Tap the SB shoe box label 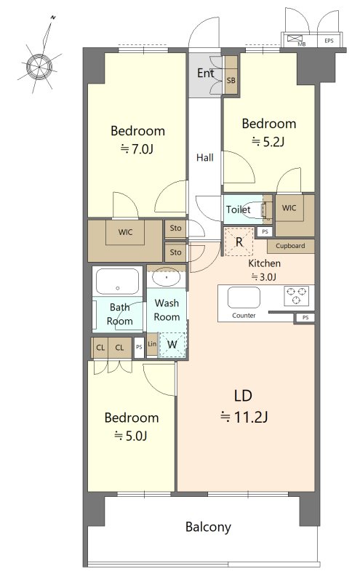(x=231, y=80)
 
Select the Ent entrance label (x=206, y=73)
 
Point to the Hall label (x=205, y=158)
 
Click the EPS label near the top (x=329, y=41)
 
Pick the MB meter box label (x=302, y=44)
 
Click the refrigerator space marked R (x=239, y=242)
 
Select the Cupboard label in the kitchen (x=290, y=246)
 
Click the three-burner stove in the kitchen (x=296, y=295)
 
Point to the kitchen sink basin (x=244, y=298)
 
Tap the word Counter (x=244, y=316)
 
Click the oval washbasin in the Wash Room (x=167, y=278)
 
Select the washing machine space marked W (x=172, y=345)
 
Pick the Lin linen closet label (x=152, y=344)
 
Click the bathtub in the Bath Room (x=118, y=282)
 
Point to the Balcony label (x=208, y=527)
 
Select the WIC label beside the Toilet (x=289, y=208)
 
